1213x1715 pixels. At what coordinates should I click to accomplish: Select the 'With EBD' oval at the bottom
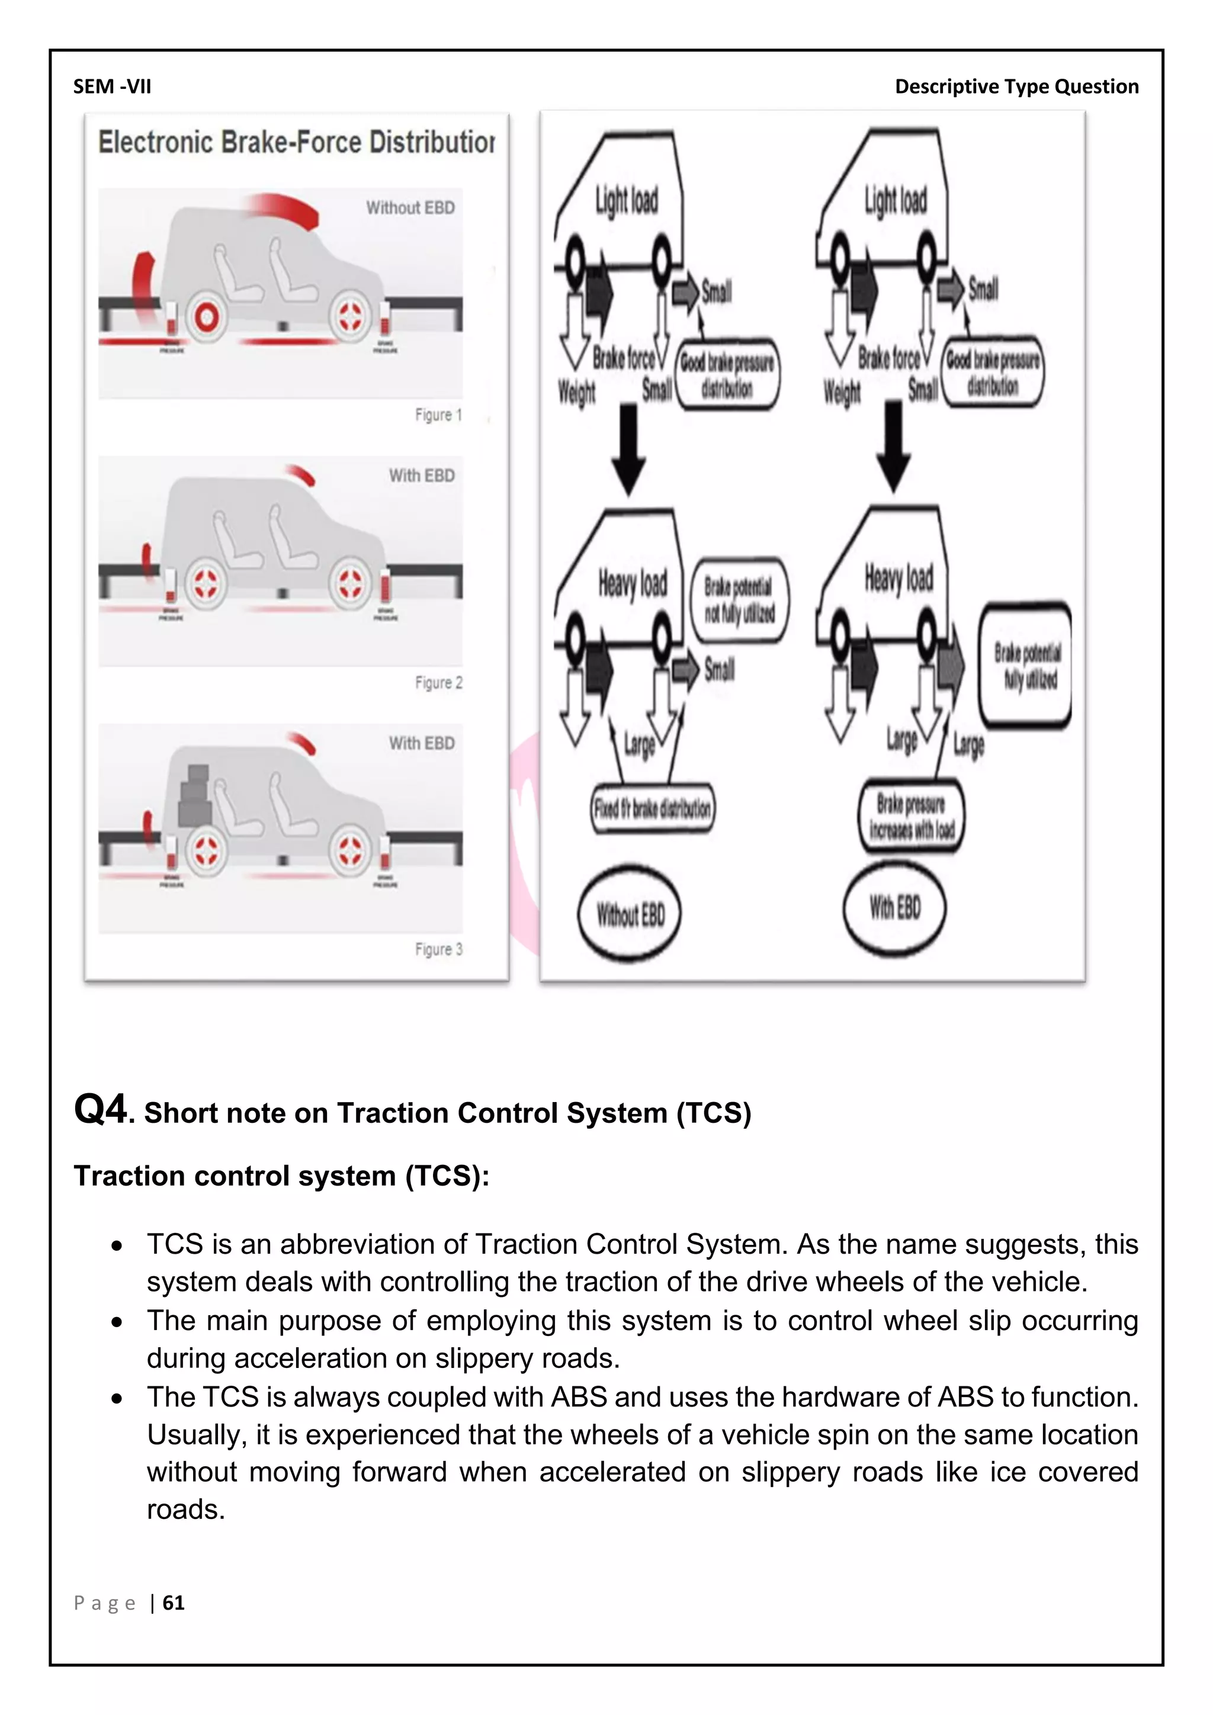pyautogui.click(x=894, y=908)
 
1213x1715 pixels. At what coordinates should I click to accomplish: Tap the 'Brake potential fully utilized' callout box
pyautogui.click(x=1025, y=665)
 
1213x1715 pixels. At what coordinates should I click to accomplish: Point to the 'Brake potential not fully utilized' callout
pyautogui.click(x=739, y=600)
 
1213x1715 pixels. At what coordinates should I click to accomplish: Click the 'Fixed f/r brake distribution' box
pyautogui.click(x=652, y=807)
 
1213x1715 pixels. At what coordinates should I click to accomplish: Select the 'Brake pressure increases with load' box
pyautogui.click(x=912, y=817)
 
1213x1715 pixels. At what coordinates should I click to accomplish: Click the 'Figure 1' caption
pyautogui.click(x=438, y=415)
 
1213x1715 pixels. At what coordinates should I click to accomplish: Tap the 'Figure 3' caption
pyautogui.click(x=438, y=949)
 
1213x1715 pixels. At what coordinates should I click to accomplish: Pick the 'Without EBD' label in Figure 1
pyautogui.click(x=410, y=208)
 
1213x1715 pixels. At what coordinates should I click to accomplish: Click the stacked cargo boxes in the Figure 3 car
pyautogui.click(x=195, y=795)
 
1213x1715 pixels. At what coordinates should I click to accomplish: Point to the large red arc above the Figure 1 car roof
pyautogui.click(x=284, y=206)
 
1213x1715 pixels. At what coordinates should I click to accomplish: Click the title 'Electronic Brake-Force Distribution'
pyautogui.click(x=296, y=142)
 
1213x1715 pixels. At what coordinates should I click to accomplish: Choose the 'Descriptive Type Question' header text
pyautogui.click(x=1016, y=86)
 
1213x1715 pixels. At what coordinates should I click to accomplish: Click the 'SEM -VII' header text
pyautogui.click(x=112, y=86)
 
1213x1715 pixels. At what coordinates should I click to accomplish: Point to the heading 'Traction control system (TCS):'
pyautogui.click(x=281, y=1176)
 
